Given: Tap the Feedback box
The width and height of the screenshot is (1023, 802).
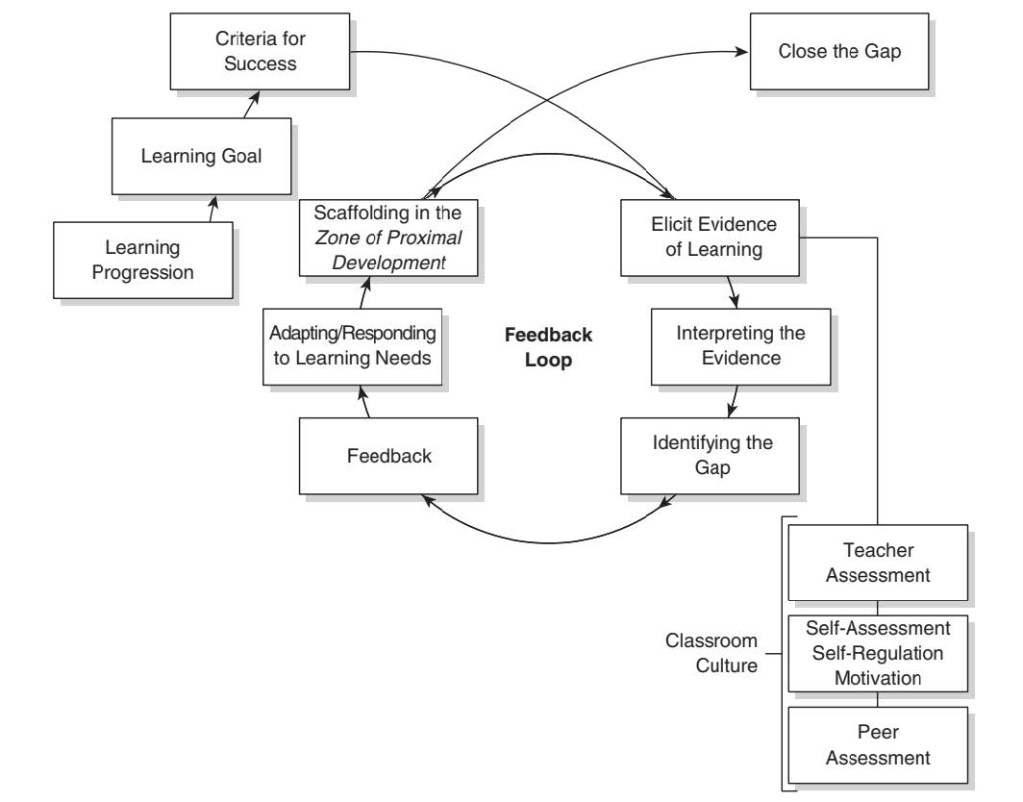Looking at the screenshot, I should coord(389,456).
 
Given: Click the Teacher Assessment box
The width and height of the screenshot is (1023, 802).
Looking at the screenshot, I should coord(874,563).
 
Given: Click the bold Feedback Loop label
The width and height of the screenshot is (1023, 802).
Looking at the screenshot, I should coord(549,347).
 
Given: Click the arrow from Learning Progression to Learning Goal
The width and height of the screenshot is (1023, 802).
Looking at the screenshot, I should coord(212,209).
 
